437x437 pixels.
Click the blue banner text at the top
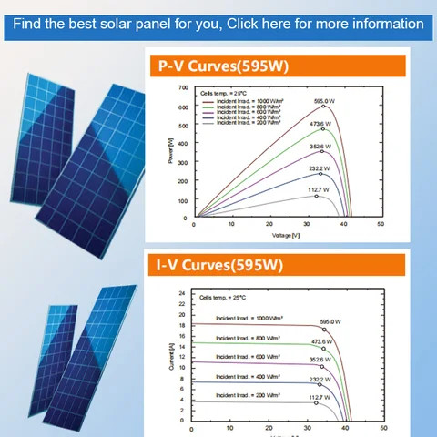click(218, 23)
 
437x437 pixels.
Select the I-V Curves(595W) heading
click(219, 266)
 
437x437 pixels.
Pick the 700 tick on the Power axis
click(183, 88)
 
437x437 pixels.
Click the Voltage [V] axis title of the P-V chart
click(286, 235)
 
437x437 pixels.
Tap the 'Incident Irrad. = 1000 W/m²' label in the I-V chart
click(249, 318)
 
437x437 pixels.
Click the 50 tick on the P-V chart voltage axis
click(380, 225)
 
